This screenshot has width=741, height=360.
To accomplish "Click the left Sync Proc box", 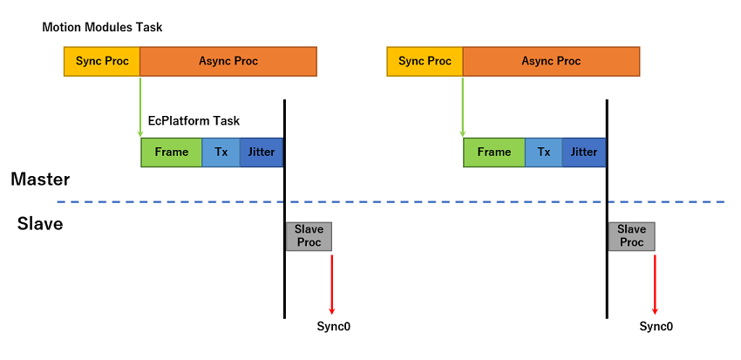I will pyautogui.click(x=102, y=61).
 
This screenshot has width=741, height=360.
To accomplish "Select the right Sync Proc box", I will pyautogui.click(x=425, y=61).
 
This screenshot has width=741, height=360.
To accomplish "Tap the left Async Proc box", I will pyautogui.click(x=228, y=61).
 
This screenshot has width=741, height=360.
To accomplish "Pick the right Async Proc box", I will pyautogui.click(x=551, y=61).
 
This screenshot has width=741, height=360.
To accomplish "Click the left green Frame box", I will pyautogui.click(x=172, y=152).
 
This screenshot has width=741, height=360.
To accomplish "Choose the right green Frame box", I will pyautogui.click(x=494, y=152).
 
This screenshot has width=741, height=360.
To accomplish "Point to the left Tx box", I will pyautogui.click(x=221, y=152).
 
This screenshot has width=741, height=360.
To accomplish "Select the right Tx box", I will pyautogui.click(x=544, y=152).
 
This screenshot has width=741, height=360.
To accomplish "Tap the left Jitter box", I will pyautogui.click(x=262, y=152).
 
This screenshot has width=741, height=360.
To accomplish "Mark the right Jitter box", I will pyautogui.click(x=584, y=152).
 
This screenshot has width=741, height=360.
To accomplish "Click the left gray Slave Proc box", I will pyautogui.click(x=309, y=235).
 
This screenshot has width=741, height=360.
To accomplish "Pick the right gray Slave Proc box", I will pyautogui.click(x=631, y=235).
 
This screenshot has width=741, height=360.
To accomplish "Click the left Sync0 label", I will pyautogui.click(x=333, y=327).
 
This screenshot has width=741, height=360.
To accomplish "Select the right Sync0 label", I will pyautogui.click(x=656, y=327).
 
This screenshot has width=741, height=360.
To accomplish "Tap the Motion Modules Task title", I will pyautogui.click(x=102, y=28).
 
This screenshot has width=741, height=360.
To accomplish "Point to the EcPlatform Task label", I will pyautogui.click(x=194, y=121).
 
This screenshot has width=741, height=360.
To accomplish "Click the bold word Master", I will pyautogui.click(x=40, y=180).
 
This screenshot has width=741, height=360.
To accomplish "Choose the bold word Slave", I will pyautogui.click(x=40, y=225).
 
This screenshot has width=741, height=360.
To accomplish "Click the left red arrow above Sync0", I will pyautogui.click(x=332, y=283).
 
